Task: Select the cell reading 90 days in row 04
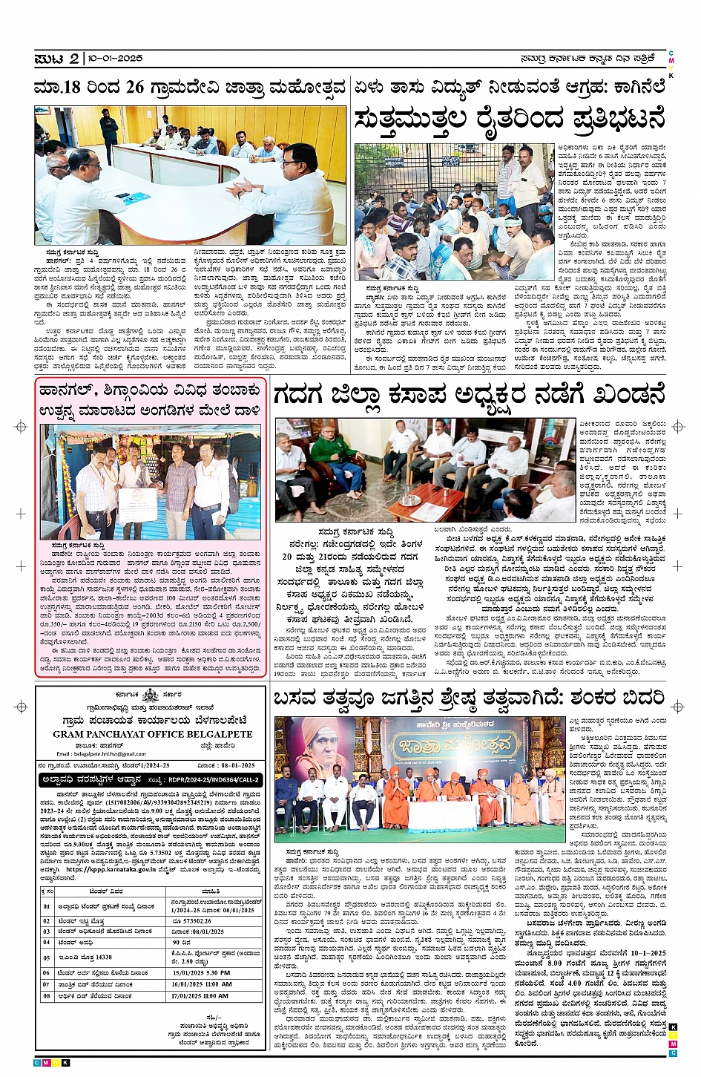(181, 943)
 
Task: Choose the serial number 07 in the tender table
(47, 984)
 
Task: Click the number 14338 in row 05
(102, 957)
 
